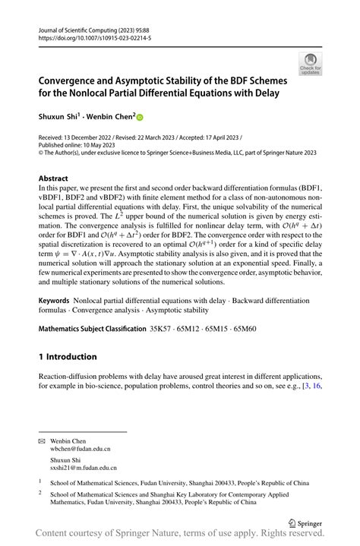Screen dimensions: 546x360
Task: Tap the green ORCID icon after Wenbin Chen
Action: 140,118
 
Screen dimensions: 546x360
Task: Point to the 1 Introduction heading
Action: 68,356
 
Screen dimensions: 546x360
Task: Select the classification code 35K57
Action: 162,329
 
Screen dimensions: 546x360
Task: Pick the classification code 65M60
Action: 254,329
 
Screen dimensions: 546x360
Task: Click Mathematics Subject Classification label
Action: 91,329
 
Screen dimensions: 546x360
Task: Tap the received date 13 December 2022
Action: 99,137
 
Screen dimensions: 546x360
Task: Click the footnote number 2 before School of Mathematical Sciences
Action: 40,492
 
